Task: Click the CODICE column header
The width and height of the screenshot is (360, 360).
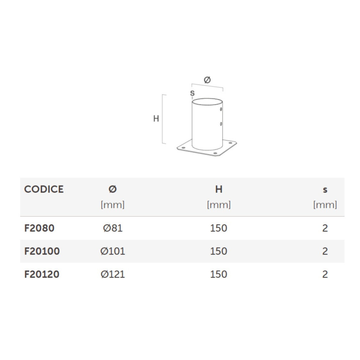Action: [x=44, y=189]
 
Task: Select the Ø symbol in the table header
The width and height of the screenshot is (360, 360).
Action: [x=112, y=189]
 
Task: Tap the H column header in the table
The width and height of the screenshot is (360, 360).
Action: [x=219, y=189]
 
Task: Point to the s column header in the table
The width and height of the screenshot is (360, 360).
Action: [x=325, y=190]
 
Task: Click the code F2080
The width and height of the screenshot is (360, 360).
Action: [x=39, y=228]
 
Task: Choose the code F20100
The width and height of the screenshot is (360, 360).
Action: [x=42, y=251]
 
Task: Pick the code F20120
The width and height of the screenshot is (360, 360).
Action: [x=42, y=274]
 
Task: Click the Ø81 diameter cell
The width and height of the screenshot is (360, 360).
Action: [x=113, y=228]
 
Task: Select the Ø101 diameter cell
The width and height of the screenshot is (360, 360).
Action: [x=113, y=251]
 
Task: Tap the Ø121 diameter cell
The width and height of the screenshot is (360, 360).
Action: [x=113, y=274]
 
